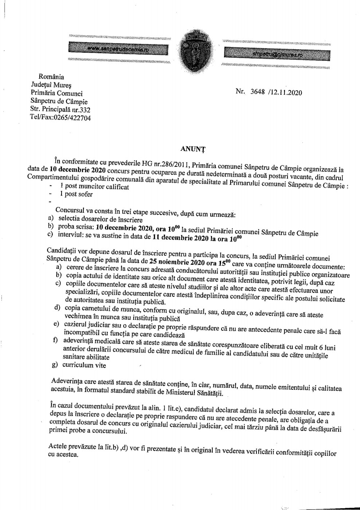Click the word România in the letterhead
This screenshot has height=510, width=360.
(51, 77)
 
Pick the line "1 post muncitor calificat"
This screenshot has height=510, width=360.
(94, 187)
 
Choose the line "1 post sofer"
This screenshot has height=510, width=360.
(76, 194)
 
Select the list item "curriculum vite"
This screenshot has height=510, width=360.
(84, 365)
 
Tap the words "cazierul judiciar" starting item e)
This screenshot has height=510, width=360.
(87, 324)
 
